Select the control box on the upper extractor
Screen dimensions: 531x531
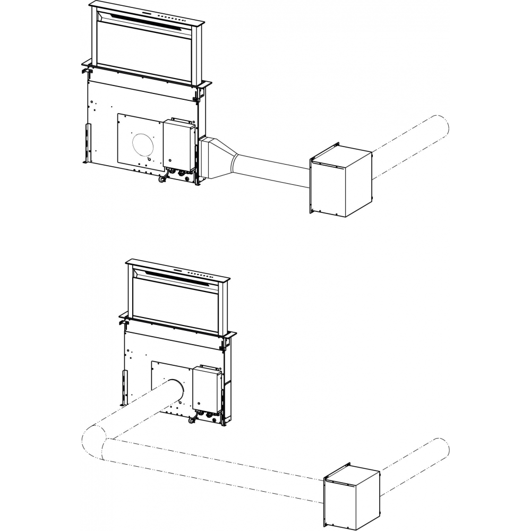pyautogui.click(x=179, y=144)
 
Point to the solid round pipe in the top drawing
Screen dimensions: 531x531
pyautogui.click(x=274, y=168)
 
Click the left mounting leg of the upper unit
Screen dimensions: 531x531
pyautogui.click(x=87, y=143)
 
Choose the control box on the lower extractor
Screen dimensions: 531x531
pyautogui.click(x=207, y=391)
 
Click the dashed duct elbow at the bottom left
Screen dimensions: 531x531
pyautogui.click(x=96, y=441)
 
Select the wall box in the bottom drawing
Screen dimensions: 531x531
pyautogui.click(x=352, y=490)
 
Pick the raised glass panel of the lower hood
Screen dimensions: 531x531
pyautogui.click(x=175, y=303)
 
